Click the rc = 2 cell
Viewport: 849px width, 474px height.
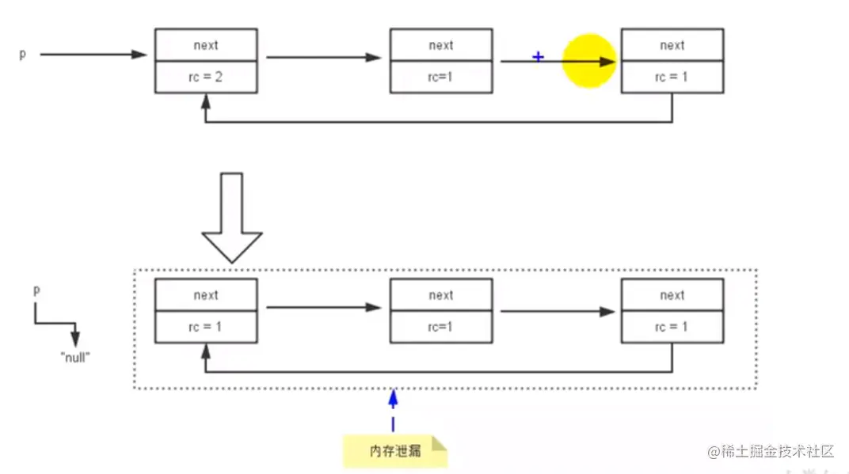(206, 77)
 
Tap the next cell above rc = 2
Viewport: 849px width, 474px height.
(206, 45)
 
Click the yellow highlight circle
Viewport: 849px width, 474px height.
(589, 61)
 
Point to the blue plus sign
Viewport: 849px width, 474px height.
(539, 57)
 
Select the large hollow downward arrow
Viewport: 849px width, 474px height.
(231, 218)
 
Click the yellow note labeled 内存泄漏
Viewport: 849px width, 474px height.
(394, 450)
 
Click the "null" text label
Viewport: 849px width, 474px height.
(75, 357)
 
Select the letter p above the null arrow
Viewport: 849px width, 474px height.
(36, 290)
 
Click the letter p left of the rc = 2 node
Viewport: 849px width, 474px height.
(23, 55)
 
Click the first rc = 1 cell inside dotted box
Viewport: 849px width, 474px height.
(206, 327)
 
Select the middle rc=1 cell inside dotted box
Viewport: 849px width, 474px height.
(441, 327)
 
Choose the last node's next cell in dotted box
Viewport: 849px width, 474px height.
(672, 295)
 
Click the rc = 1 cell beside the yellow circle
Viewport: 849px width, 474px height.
(672, 77)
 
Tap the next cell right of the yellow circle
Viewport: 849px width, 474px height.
(672, 45)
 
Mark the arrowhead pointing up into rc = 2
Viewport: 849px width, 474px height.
(206, 100)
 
